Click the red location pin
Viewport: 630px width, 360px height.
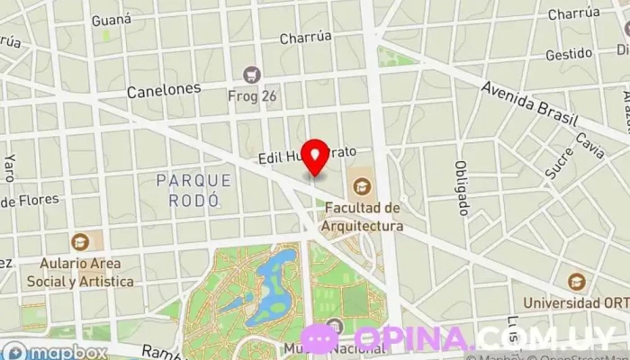pyautogui.click(x=313, y=157)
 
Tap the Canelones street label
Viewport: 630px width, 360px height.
pyautogui.click(x=163, y=91)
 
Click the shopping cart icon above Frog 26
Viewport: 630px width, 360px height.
pyautogui.click(x=252, y=74)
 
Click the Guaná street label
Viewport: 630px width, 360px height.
pyautogui.click(x=112, y=19)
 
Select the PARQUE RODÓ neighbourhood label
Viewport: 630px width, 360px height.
pyautogui.click(x=193, y=190)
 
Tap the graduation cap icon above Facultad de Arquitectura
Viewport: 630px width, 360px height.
pyautogui.click(x=362, y=186)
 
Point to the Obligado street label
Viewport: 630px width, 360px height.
pyautogui.click(x=462, y=188)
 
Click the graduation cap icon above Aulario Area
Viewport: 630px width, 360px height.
pyautogui.click(x=80, y=242)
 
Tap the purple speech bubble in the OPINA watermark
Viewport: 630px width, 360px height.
pyautogui.click(x=319, y=338)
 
